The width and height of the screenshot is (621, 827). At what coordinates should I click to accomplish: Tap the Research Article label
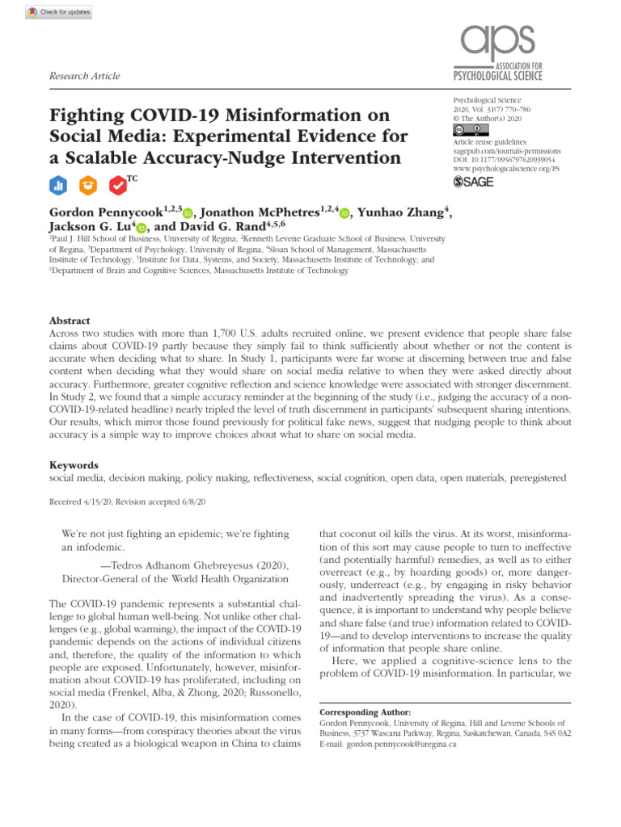84,76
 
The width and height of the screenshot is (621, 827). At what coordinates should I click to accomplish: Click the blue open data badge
57,185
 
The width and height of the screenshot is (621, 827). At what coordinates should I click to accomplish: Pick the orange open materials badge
87,185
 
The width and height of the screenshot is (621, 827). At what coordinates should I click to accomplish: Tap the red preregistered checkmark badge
117,185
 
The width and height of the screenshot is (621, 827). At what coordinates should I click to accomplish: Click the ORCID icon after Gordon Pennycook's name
188,213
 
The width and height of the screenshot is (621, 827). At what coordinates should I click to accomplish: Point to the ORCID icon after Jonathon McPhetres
344,213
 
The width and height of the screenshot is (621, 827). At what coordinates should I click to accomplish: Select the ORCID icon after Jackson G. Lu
142,229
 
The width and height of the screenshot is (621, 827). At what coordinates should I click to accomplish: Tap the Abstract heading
70,321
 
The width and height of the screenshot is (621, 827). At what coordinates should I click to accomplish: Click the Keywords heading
74,465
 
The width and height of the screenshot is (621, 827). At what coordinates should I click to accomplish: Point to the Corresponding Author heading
365,713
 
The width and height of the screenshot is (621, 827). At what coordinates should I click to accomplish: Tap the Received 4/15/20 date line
129,502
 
